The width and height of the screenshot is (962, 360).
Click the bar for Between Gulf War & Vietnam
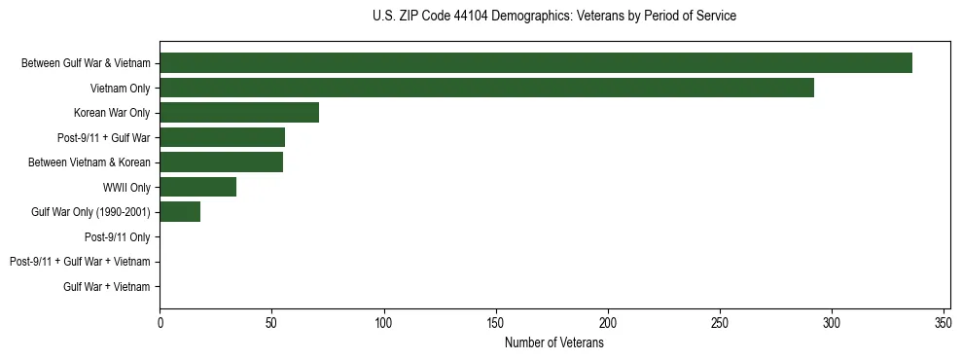[x=535, y=63]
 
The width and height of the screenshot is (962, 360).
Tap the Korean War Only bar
[x=239, y=113]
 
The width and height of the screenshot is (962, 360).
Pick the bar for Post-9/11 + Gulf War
[x=222, y=137]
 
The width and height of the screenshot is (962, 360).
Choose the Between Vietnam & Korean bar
[x=221, y=162]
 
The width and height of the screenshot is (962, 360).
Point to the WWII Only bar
[x=197, y=187]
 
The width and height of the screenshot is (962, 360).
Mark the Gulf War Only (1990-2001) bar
[x=180, y=212]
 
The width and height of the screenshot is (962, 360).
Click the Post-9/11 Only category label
[x=118, y=236]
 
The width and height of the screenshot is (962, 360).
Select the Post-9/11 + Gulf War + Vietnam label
[x=80, y=262]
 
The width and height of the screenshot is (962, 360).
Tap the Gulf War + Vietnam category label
[x=107, y=287]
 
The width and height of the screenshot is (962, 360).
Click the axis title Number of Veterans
[x=554, y=343]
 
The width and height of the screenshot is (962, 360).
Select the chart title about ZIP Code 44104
[x=554, y=17]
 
